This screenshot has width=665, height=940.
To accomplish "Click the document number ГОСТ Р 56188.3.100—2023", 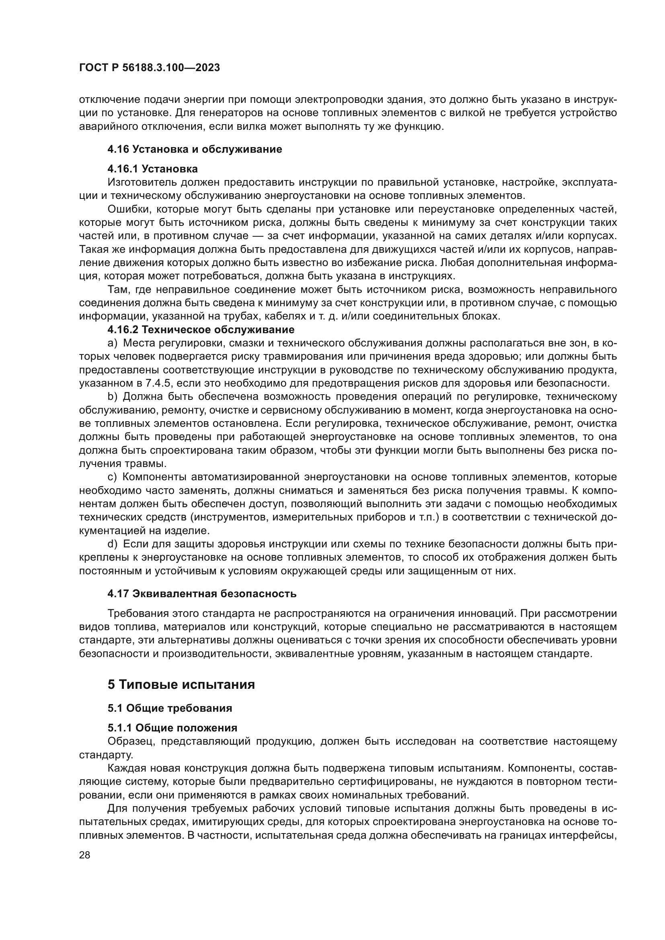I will [150, 68].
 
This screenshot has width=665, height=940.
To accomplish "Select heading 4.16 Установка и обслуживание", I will [195, 149].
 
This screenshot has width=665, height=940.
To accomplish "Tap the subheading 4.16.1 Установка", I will [153, 169].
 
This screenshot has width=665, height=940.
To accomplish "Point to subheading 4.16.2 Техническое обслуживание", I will [201, 329].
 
